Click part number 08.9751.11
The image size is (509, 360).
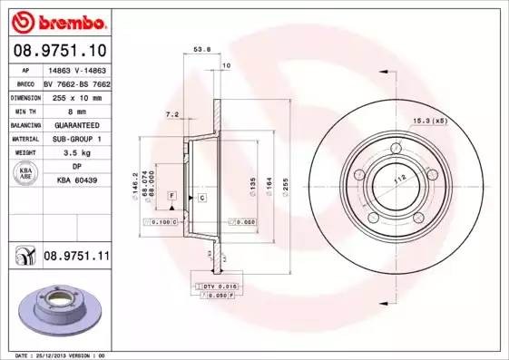point(76,258)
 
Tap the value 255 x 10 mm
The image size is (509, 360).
point(76,95)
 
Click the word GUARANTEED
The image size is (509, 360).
point(76,124)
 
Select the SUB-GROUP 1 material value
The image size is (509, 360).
point(76,139)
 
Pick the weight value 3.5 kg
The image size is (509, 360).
point(76,153)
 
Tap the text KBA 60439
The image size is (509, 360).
point(76,181)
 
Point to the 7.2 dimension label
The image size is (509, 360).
point(172,115)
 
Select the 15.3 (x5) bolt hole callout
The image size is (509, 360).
point(430,121)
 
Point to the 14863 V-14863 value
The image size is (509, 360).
point(76,68)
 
